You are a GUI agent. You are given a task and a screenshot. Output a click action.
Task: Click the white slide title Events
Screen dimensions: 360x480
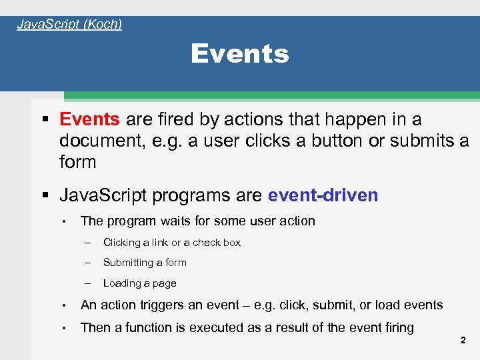(x=240, y=54)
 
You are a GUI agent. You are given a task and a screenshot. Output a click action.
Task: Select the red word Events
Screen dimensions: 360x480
(x=89, y=120)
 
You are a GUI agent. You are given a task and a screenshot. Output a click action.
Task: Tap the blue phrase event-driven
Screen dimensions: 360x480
(x=323, y=195)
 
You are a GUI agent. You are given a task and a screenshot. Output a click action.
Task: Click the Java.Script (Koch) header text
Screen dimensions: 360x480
(x=69, y=25)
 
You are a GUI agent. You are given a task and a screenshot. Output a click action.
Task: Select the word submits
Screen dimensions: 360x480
(x=423, y=141)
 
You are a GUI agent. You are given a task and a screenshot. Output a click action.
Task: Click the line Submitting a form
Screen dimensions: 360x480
(x=145, y=263)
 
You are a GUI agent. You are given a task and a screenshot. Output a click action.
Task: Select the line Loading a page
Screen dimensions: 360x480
(x=139, y=283)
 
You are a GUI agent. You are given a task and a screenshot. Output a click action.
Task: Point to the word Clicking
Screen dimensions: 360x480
(x=122, y=243)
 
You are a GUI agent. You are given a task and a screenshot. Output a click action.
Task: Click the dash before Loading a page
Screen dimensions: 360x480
(x=87, y=283)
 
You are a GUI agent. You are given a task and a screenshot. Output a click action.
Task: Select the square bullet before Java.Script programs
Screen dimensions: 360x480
(x=45, y=196)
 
